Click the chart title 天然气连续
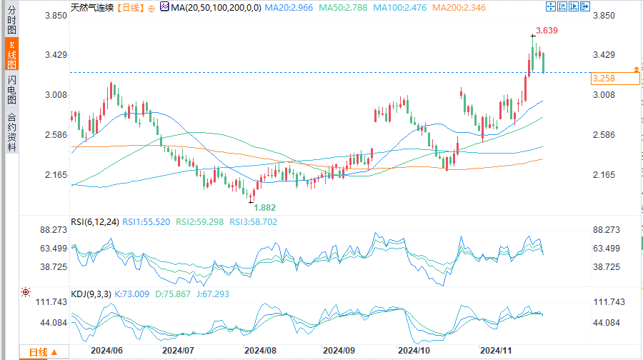coord(92,8)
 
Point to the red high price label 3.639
coord(547,31)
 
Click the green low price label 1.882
coord(264,207)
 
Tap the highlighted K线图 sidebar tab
coord(11,55)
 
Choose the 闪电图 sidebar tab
coord(11,90)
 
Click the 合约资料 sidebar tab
coord(11,132)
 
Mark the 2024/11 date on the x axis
coord(495,351)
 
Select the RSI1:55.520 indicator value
coord(146,222)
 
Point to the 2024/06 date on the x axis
coord(106,351)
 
